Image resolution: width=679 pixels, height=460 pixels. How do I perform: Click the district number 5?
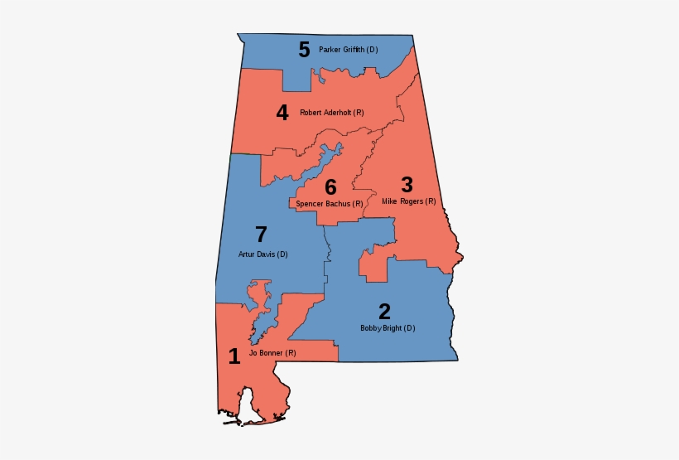coord(304,50)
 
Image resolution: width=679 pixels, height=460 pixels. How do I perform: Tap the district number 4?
coord(282,113)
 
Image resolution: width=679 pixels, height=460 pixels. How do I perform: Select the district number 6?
coord(330,187)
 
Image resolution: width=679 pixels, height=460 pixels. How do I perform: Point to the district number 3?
coord(407,185)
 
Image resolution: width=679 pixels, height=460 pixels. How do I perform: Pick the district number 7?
coord(261,235)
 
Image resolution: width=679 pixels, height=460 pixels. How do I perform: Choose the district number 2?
coord(384,312)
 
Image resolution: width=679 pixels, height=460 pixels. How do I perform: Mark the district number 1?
coord(234,356)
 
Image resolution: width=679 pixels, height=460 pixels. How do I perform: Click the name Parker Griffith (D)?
coord(348,50)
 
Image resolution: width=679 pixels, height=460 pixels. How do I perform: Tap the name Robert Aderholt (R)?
coord(332,113)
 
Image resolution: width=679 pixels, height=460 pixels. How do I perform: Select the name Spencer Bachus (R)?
coord(330,203)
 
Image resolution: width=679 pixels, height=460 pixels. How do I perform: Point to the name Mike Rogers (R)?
coord(409,201)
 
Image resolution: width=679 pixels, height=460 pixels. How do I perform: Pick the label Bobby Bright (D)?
coord(388,328)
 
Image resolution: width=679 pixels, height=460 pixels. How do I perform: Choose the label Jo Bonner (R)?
coord(272,353)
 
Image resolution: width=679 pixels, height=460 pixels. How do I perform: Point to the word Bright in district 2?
coord(391,328)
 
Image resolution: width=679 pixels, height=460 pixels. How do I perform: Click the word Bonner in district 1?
coord(272,353)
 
